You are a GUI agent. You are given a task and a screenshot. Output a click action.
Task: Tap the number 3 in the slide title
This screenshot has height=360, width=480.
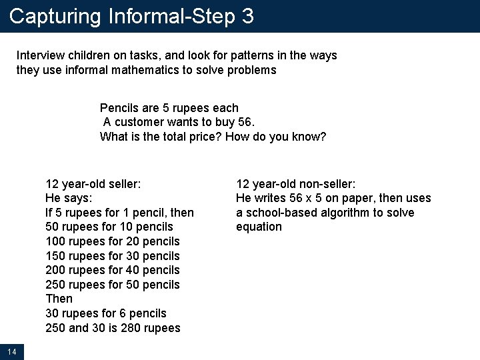click(x=248, y=16)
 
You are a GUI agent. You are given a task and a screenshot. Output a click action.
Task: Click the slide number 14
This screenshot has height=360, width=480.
click(x=12, y=351)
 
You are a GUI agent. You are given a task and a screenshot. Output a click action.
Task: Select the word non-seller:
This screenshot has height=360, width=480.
click(x=324, y=183)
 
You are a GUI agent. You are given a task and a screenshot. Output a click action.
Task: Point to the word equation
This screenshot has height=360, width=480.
click(x=259, y=227)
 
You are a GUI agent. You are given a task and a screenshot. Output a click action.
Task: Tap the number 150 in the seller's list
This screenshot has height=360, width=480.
click(x=55, y=256)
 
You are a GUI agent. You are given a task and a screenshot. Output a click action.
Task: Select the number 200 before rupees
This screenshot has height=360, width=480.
click(x=55, y=270)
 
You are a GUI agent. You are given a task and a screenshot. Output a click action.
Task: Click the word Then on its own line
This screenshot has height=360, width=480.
click(x=59, y=299)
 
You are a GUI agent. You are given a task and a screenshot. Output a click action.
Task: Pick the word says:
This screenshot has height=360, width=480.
click(x=80, y=198)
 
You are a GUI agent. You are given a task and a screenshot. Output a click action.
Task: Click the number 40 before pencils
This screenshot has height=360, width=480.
click(x=133, y=270)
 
